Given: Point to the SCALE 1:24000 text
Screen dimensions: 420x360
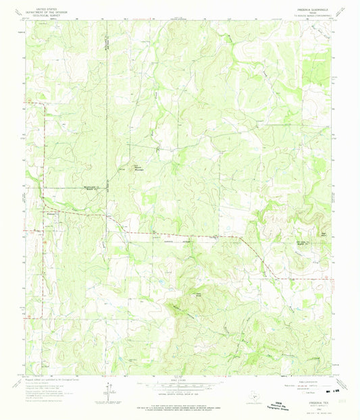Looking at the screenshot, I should pos(180,379).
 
